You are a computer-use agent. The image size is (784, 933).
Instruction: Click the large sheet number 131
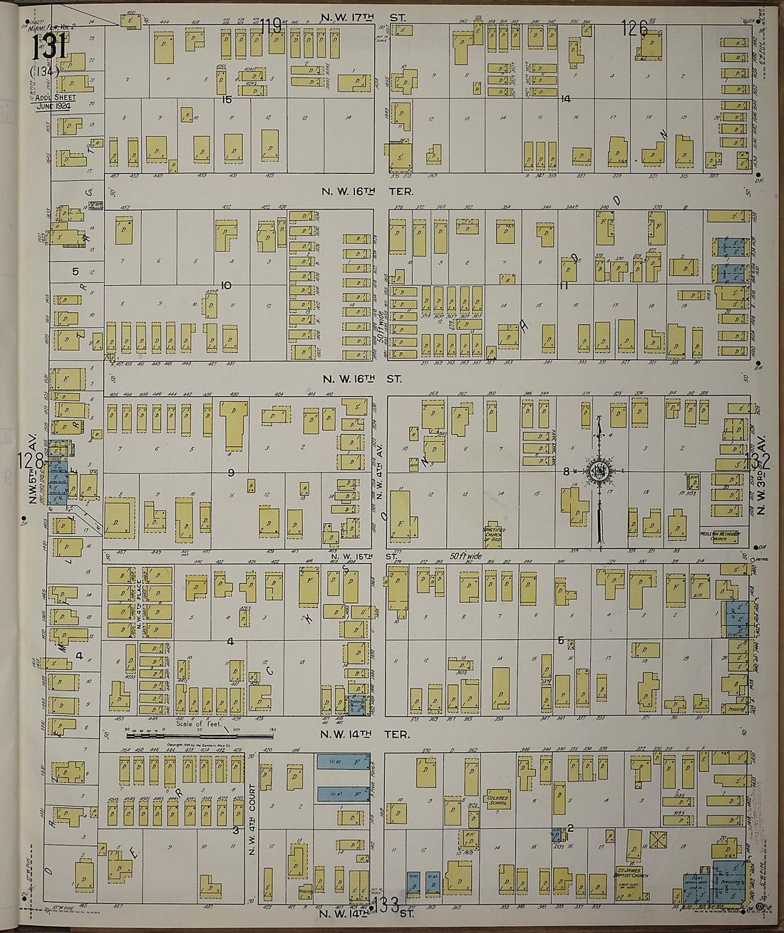(48, 48)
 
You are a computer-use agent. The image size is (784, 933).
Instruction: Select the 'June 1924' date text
(54, 105)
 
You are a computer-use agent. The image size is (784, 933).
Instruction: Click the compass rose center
(597, 471)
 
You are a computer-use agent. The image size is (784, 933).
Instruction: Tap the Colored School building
(497, 800)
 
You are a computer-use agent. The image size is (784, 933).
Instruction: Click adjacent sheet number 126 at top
(634, 29)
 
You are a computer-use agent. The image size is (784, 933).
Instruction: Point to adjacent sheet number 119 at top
(270, 27)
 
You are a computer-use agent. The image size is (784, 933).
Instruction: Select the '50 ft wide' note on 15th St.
(466, 555)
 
